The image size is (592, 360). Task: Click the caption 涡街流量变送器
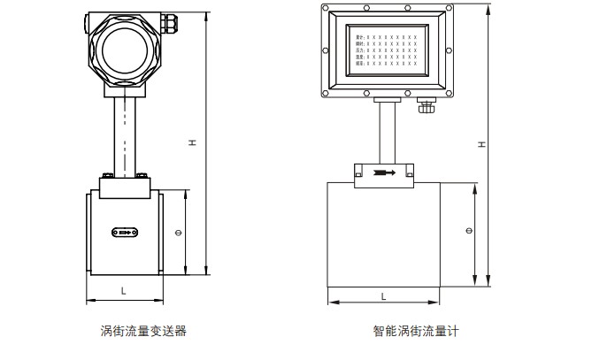pos(142,333)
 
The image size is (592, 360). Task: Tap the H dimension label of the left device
pos(191,142)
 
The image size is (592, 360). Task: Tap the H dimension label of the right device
pos(481,143)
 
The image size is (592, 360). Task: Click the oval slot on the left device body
pos(124,233)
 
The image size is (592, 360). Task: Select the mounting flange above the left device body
pos(124,187)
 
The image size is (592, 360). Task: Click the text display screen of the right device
pos(386,48)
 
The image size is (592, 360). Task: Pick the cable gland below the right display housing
pos(427,107)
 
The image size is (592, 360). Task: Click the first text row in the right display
pos(386,35)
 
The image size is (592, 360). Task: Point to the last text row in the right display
pos(386,64)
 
